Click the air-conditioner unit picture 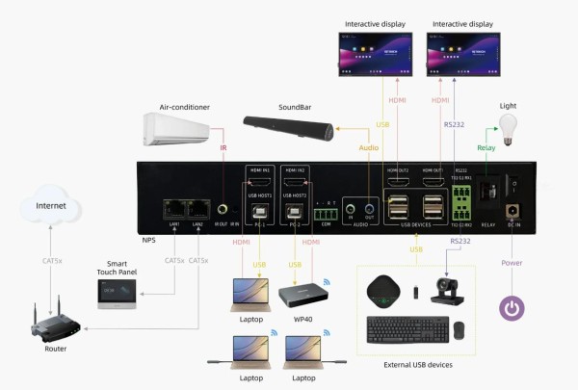175,128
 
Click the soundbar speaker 288,125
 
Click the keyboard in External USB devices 407,328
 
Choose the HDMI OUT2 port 398,180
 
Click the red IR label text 223,148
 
